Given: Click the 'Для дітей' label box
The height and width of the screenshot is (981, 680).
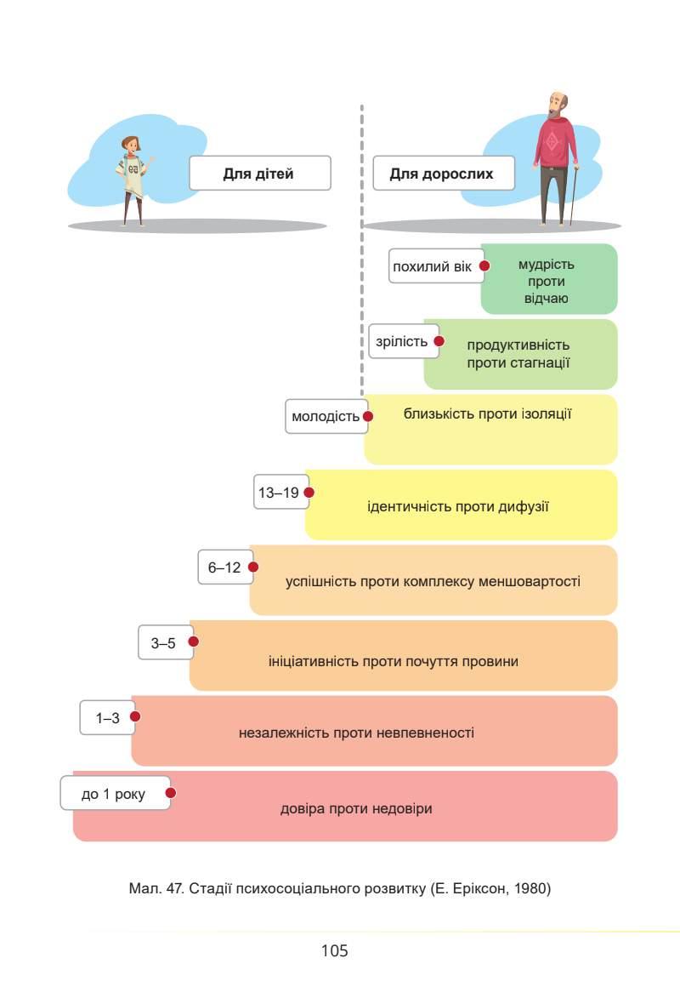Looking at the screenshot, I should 258,174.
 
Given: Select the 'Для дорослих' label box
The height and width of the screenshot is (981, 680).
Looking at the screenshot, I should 442,174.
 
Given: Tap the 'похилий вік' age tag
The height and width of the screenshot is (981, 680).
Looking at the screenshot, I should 433,266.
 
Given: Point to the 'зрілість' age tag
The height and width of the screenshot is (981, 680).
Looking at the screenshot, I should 401,341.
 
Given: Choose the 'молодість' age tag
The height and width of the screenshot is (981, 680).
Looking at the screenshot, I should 325,417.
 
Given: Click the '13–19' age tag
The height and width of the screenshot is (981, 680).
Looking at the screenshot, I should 279,493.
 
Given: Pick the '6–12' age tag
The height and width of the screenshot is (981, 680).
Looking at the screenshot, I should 224,567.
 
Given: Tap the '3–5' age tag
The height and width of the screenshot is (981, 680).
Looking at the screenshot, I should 163,643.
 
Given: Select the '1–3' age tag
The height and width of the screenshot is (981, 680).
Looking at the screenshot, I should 106,718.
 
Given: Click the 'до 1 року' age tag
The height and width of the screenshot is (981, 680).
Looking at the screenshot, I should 113,794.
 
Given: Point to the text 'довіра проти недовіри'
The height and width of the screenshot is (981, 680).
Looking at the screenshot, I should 356,808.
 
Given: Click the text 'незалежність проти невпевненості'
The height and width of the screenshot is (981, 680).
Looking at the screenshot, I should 356,733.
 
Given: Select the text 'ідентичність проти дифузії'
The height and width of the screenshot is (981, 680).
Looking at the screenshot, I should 458,507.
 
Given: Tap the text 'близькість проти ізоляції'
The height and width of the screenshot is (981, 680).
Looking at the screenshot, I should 487,414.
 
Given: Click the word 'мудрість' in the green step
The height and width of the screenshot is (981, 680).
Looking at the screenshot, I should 547,264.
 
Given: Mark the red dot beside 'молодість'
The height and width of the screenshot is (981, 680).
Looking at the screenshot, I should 368,417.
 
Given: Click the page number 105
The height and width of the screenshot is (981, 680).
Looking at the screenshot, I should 335,950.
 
